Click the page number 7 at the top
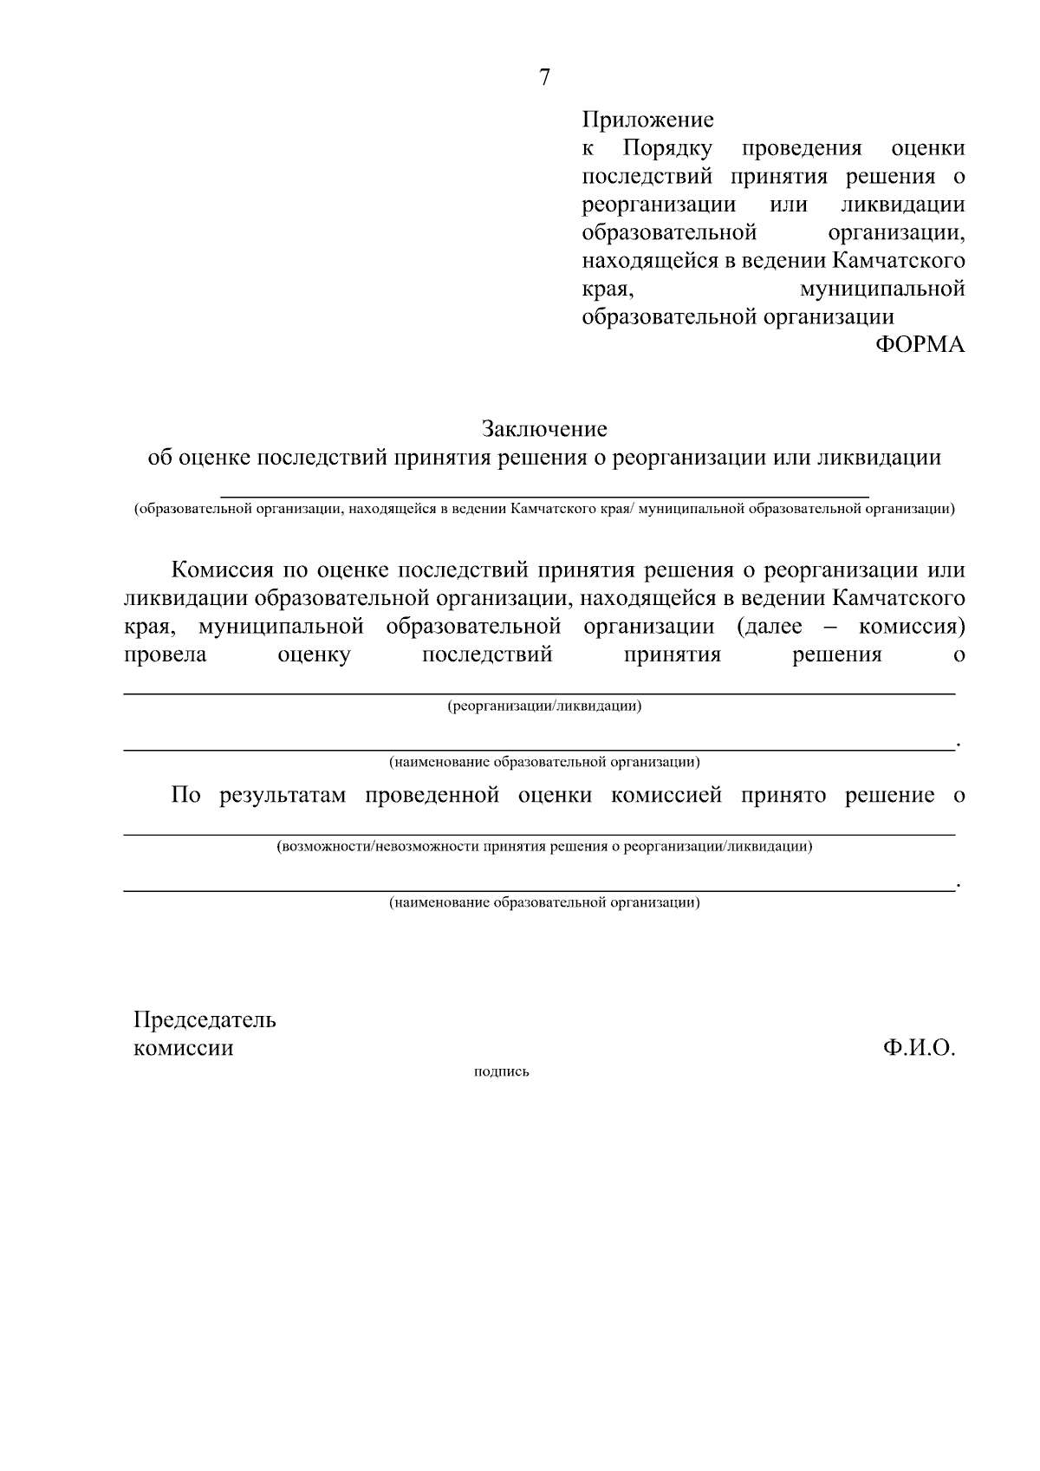544,78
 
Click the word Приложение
647,120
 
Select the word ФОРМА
920,345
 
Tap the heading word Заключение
544,429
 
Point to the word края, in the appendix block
609,289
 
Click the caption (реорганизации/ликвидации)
544,706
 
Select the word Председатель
205,1019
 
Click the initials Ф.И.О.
919,1048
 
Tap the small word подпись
502,1072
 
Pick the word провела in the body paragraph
166,654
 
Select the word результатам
283,796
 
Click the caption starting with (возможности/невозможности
544,847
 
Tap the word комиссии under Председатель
183,1048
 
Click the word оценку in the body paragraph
314,654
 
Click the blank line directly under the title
544,495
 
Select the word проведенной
432,796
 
